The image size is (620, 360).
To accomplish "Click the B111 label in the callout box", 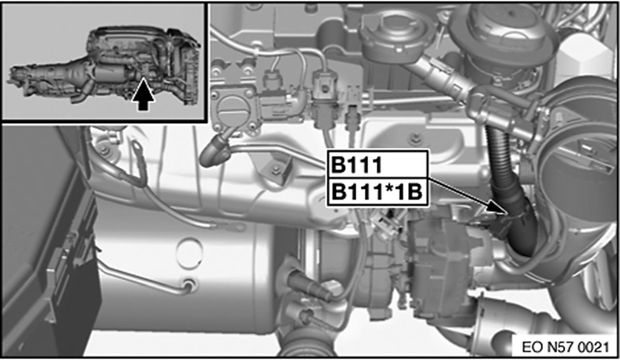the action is tap(356, 165).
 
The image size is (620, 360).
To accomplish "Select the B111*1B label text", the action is tap(377, 192).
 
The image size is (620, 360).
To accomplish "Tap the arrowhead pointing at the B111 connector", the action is tap(497, 208).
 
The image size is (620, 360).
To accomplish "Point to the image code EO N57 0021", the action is tap(565, 347).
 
